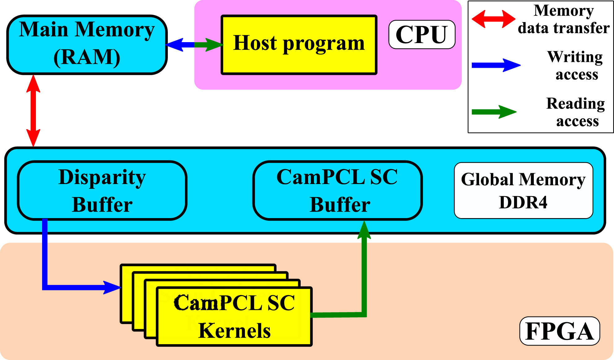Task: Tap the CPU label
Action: tap(422, 34)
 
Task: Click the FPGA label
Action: tap(560, 331)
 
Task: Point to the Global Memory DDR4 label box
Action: tap(523, 191)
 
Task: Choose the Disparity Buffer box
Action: tap(102, 191)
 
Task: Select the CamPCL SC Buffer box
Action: tap(337, 191)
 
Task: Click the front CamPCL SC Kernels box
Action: tap(234, 316)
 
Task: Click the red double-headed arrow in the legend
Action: tap(493, 19)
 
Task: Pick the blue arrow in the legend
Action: tap(495, 65)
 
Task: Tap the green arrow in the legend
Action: tap(494, 112)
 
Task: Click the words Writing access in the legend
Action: tap(576, 65)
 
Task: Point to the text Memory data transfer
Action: tap(564, 19)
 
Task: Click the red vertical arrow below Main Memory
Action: tap(33, 111)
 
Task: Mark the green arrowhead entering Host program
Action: tap(214, 45)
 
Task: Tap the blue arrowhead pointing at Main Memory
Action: tap(175, 45)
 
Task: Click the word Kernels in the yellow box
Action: tap(234, 331)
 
